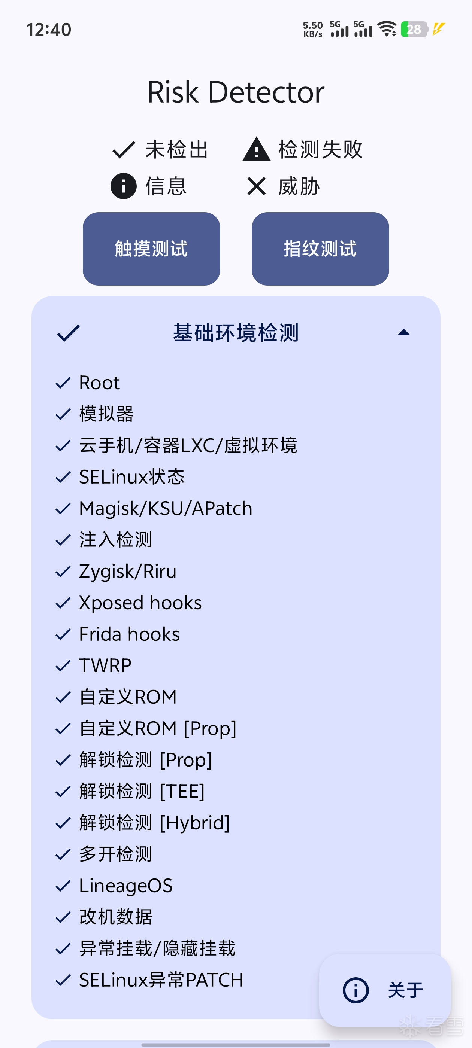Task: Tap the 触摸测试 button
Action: click(x=151, y=249)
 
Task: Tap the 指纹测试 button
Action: click(x=320, y=249)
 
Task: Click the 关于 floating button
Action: click(x=385, y=990)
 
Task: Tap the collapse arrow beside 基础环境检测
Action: click(x=403, y=332)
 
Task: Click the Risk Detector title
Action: click(x=236, y=92)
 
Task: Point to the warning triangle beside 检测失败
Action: click(x=257, y=149)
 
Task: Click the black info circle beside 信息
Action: click(x=123, y=186)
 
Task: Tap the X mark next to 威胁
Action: click(x=257, y=186)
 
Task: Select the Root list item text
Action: click(x=99, y=383)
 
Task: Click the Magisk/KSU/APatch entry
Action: click(x=166, y=509)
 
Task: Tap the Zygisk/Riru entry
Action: click(x=128, y=572)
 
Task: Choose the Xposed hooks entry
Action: click(x=140, y=603)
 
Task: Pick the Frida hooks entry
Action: click(x=130, y=634)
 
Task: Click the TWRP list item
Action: click(x=105, y=665)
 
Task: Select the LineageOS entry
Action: click(x=126, y=886)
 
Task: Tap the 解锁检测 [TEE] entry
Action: click(x=142, y=791)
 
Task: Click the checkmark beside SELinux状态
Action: click(x=63, y=477)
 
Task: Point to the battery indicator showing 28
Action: click(x=414, y=29)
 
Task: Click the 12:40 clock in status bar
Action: click(x=49, y=30)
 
